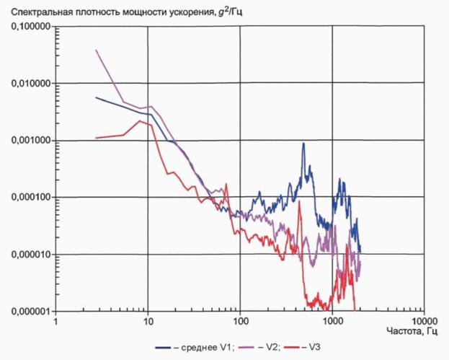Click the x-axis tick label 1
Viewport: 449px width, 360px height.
tap(55, 321)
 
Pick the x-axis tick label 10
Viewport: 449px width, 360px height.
tap(148, 321)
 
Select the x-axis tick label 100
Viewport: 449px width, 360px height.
tap(240, 321)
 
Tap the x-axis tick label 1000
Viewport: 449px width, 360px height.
tap(332, 321)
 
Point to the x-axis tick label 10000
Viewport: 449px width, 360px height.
tap(424, 321)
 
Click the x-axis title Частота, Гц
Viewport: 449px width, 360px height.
tap(412, 332)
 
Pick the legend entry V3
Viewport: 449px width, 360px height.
tap(302, 348)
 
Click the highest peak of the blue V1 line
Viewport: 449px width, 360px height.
tap(303, 143)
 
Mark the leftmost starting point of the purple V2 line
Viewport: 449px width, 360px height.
tap(97, 51)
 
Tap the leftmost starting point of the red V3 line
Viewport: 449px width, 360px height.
tap(97, 138)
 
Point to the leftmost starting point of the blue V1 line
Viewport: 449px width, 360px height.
tap(97, 97)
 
